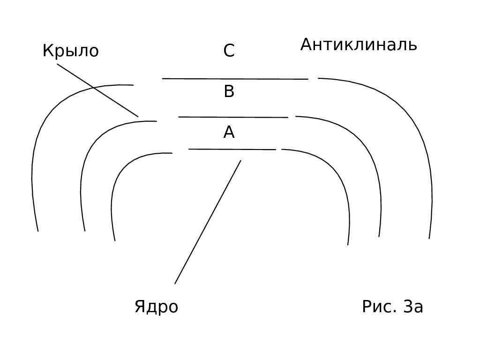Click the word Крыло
70,51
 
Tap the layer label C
229,51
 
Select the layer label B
229,92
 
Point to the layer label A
229,133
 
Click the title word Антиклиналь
359,45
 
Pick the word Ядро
156,307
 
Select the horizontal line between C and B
234,79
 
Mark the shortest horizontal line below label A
232,149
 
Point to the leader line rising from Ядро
208,222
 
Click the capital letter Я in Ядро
139,307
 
